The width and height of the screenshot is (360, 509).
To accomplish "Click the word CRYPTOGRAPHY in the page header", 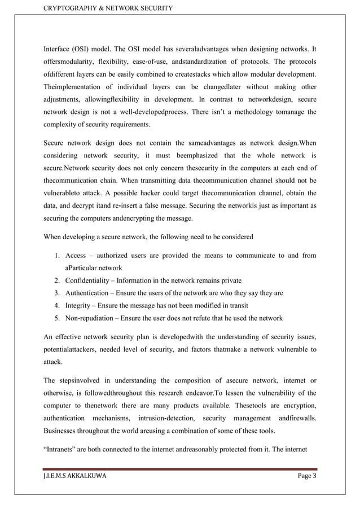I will point(68,7).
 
